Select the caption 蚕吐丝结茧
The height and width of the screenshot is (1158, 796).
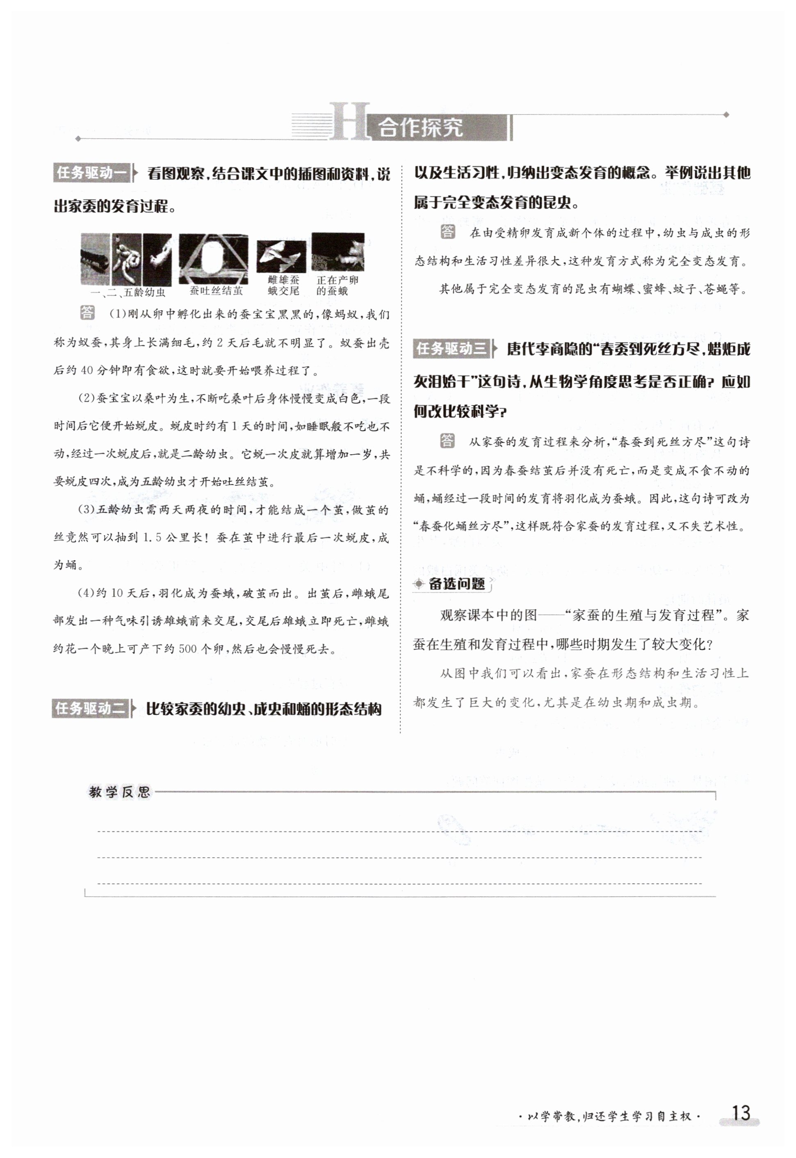pyautogui.click(x=216, y=291)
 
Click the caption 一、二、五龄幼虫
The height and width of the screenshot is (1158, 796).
pyautogui.click(x=128, y=292)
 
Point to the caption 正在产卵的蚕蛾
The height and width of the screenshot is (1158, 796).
pyautogui.click(x=337, y=285)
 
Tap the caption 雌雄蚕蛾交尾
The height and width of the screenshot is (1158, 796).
pyautogui.click(x=283, y=285)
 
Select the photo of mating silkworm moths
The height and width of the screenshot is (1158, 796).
pyautogui.click(x=281, y=256)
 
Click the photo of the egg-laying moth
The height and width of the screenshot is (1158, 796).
pyautogui.click(x=338, y=252)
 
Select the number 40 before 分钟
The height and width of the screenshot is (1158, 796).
pyautogui.click(x=87, y=370)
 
